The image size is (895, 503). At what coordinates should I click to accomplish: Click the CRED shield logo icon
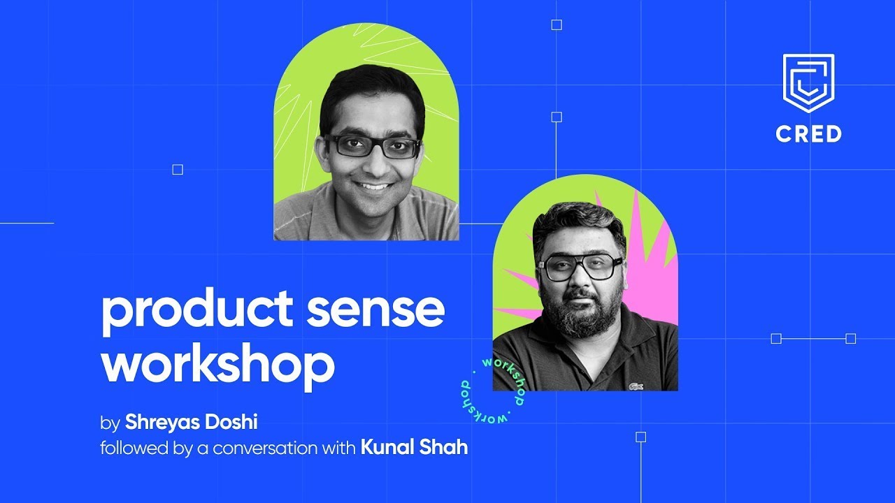[808, 82]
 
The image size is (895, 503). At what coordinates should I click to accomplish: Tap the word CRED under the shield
[808, 133]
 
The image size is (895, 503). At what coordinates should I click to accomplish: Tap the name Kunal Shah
[414, 447]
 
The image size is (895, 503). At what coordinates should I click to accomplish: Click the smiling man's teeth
[373, 187]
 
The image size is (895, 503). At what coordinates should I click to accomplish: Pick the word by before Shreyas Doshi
[110, 423]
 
